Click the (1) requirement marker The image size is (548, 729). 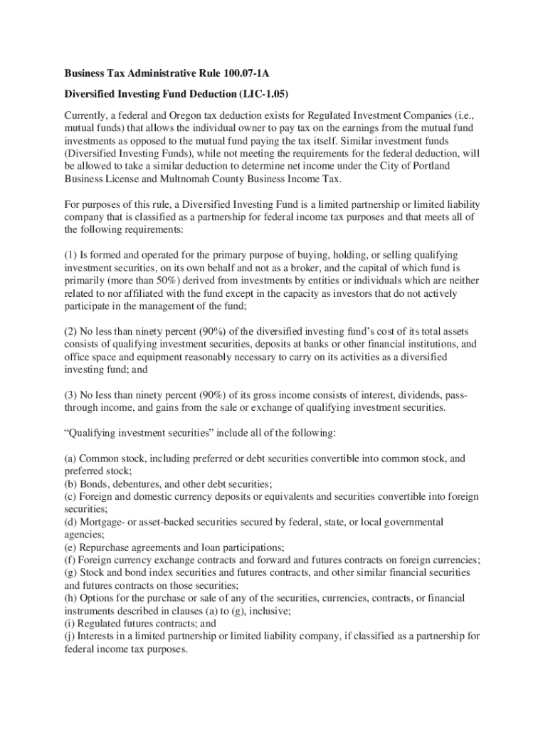point(70,255)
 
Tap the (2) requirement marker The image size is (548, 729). point(70,332)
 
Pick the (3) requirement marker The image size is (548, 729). point(70,394)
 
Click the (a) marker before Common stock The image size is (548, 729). point(70,458)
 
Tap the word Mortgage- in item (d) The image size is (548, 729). point(101,522)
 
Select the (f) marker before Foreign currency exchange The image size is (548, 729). point(70,560)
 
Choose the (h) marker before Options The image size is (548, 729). point(70,599)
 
